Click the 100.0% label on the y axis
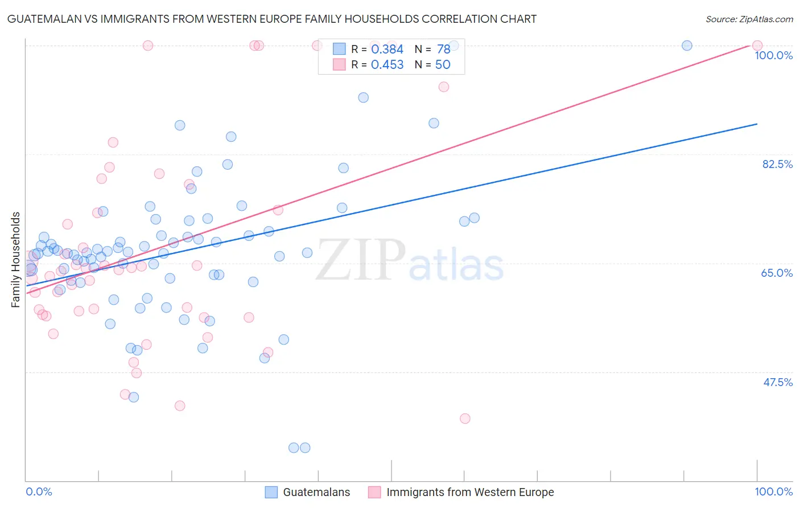tap(773, 55)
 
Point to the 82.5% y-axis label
tap(777, 164)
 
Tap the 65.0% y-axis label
tap(777, 273)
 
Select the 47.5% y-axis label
tap(778, 382)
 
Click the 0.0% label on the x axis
tap(39, 491)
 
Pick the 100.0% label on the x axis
tap(773, 491)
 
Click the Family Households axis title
tap(16, 260)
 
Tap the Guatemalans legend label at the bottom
tap(316, 492)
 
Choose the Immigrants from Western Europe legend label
tap(470, 492)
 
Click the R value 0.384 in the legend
tap(387, 50)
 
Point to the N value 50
tap(443, 65)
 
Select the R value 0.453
tap(387, 65)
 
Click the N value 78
tap(443, 50)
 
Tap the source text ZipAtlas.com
tap(749, 19)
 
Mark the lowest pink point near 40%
tap(465, 419)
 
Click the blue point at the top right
tap(687, 46)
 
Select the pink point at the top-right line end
tap(757, 46)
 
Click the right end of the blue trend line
tap(757, 124)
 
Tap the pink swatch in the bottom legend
tap(374, 492)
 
